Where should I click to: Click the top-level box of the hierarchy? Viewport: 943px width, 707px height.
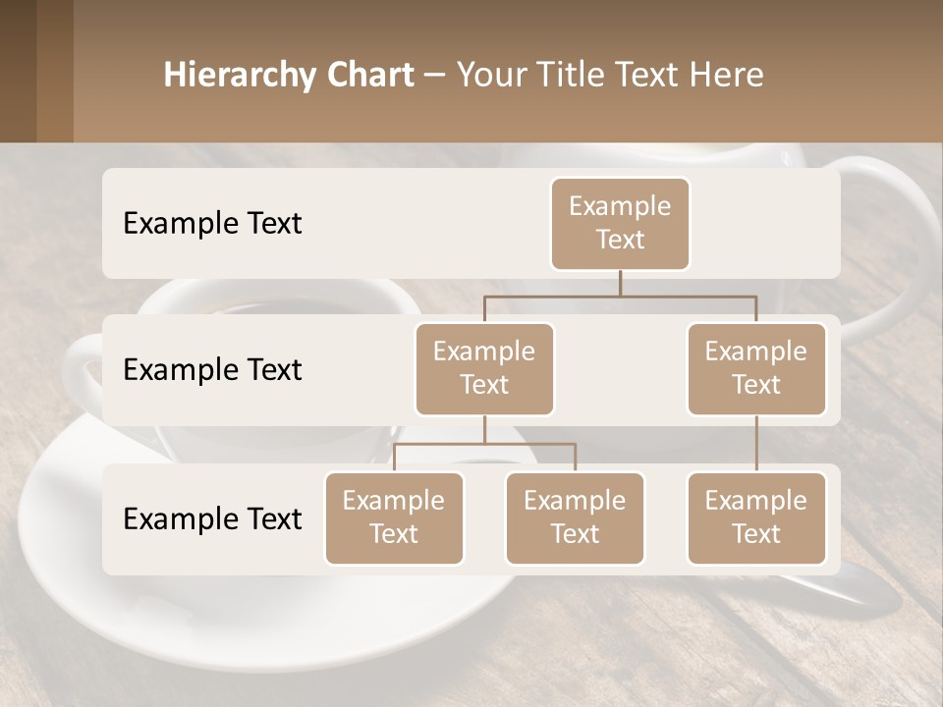click(x=620, y=223)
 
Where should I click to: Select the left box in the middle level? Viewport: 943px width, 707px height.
click(x=484, y=368)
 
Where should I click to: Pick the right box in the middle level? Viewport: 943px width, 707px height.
click(x=756, y=368)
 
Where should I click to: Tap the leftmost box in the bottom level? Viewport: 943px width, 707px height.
click(x=394, y=517)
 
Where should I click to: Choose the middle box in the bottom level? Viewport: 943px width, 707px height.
click(x=575, y=517)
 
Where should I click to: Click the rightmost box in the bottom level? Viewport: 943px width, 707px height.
click(x=756, y=517)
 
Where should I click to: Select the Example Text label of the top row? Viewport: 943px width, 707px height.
click(x=212, y=223)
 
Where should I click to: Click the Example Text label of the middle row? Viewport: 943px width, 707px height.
click(x=212, y=370)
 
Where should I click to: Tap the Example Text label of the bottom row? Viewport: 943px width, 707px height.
click(x=212, y=518)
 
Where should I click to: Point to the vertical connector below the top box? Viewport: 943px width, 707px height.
click(x=620, y=283)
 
